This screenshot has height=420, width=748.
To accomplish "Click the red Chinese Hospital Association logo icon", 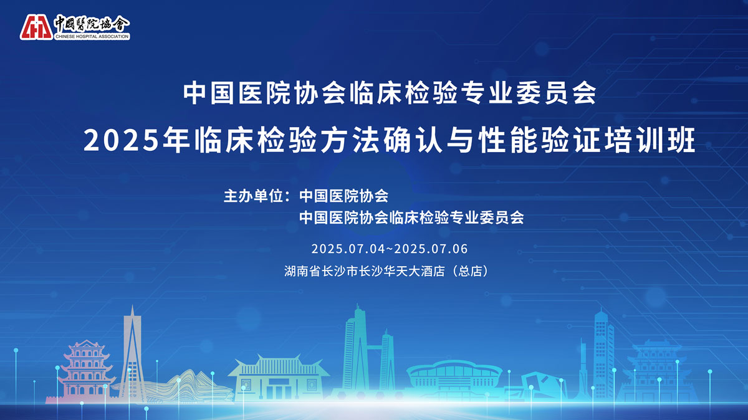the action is [x=36, y=27].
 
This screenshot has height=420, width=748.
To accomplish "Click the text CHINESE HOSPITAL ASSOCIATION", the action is [x=92, y=36].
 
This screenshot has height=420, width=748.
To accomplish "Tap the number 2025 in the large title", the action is [x=121, y=140].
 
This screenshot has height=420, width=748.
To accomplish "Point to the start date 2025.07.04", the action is [x=348, y=249].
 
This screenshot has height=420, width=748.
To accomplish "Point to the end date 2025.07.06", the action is [x=431, y=249].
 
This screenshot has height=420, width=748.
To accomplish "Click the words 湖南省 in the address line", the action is [x=302, y=271].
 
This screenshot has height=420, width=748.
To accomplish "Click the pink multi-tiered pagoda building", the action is [x=87, y=371].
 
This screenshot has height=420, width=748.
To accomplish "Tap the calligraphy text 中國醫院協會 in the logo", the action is [x=92, y=24].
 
